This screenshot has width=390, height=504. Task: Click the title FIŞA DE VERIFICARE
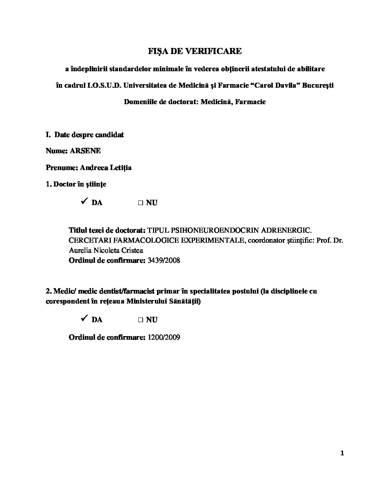coord(195,51)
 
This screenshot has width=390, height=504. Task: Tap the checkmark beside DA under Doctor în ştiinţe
coord(85,202)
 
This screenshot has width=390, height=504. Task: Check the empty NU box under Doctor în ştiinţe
coord(141,203)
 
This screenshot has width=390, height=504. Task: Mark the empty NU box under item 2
coord(141,320)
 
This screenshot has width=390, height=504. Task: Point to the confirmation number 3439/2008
coord(163,260)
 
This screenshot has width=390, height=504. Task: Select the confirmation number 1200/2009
coord(163,337)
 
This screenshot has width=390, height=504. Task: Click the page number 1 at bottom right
coord(342,454)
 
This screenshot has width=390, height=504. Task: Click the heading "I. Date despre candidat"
coord(85,135)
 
